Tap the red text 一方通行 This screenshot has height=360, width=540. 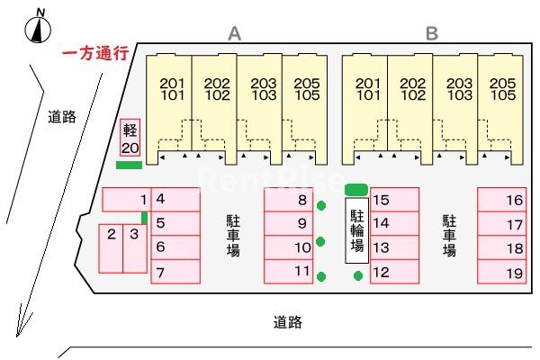tap(94, 54)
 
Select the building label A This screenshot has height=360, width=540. tap(235, 33)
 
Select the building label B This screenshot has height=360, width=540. tap(432, 33)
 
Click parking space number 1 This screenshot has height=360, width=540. tap(126, 199)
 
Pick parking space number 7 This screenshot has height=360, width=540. tap(175, 271)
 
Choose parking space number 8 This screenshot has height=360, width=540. tap(288, 200)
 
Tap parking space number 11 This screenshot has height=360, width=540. tap(288, 271)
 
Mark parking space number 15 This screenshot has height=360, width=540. tap(395, 200)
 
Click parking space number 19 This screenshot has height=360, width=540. tap(501, 272)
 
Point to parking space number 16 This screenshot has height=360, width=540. tap(501, 200)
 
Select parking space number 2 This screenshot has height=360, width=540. tap(111, 247)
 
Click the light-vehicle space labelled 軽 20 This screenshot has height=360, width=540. tap(130, 138)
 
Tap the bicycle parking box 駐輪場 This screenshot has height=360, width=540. tap(357, 230)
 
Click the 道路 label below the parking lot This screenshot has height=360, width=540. tap(288, 321)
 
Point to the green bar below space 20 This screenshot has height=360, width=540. tap(130, 165)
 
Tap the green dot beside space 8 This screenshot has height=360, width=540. tap(321, 205)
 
